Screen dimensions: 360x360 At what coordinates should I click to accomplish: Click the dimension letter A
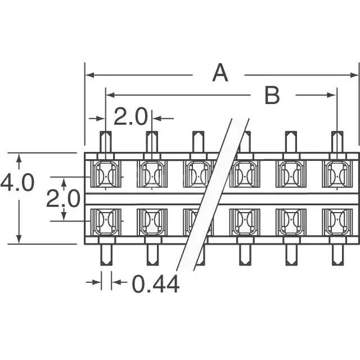tap(220, 74)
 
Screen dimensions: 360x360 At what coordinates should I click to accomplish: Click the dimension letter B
tap(272, 96)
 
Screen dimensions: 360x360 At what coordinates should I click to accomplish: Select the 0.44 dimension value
tap(156, 285)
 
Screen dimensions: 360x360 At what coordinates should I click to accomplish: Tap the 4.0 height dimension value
tap(17, 183)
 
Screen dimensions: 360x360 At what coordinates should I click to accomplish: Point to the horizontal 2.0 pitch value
tap(130, 118)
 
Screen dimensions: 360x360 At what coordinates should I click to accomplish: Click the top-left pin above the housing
tap(105, 142)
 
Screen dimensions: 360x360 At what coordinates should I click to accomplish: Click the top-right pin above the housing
tap(337, 142)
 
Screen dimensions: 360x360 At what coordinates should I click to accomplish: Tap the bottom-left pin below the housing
tap(105, 255)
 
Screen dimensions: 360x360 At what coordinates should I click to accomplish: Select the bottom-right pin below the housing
tap(337, 255)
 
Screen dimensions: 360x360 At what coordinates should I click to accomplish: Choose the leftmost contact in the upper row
tap(105, 174)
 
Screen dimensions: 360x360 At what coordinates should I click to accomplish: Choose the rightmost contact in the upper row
tap(336, 174)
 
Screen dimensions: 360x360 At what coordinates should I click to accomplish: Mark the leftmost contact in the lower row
tap(105, 222)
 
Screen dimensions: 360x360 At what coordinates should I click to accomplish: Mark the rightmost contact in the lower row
tap(336, 222)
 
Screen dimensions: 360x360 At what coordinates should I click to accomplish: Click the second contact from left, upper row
tap(151, 174)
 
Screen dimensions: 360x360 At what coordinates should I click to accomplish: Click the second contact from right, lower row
tap(290, 222)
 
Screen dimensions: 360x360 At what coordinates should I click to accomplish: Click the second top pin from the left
tap(152, 142)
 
